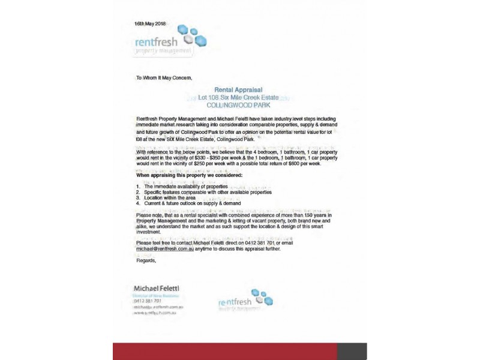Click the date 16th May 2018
[150, 23]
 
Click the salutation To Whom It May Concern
[164, 78]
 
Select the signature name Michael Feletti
[157, 289]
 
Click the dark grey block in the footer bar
[352, 351]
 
